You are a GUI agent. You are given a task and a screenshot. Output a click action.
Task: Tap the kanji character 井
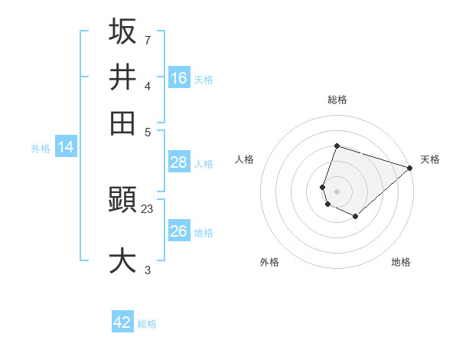click(122, 77)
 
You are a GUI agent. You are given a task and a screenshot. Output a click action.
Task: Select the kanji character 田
click(122, 123)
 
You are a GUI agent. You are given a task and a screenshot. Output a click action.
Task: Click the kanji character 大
click(122, 260)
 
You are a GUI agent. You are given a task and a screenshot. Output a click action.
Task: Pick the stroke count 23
click(148, 208)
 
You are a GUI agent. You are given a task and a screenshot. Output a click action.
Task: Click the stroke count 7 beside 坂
click(148, 39)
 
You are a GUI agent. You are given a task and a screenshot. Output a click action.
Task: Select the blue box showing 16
click(179, 78)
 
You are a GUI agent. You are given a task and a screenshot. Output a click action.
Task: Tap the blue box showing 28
click(179, 162)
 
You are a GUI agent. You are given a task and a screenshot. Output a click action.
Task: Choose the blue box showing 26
click(179, 231)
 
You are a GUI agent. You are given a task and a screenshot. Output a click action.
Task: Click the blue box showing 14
click(66, 147)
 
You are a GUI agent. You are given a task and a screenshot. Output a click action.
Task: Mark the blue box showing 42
click(122, 322)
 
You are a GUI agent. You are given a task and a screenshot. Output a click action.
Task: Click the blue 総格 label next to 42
click(147, 324)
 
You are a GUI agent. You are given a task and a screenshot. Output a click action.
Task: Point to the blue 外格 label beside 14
click(41, 149)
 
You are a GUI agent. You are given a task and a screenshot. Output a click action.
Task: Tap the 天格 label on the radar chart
click(430, 159)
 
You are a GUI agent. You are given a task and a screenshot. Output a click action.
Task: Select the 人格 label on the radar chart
click(245, 159)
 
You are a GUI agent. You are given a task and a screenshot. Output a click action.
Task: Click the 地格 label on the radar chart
click(401, 262)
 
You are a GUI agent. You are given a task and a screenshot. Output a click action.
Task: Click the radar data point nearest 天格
click(409, 168)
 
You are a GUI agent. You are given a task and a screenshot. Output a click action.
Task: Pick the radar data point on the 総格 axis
click(337, 146)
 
